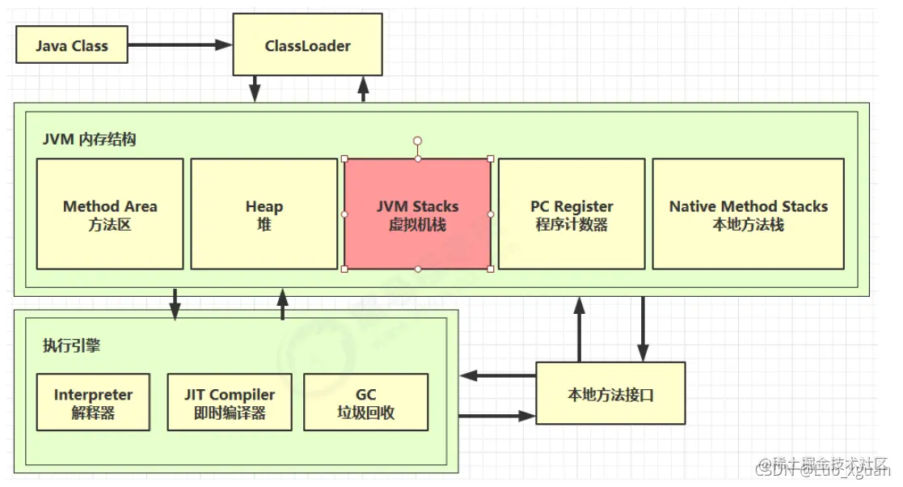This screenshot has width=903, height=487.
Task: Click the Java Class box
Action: (x=72, y=46)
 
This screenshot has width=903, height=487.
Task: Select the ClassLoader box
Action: (x=307, y=46)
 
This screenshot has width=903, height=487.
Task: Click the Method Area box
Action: (x=110, y=214)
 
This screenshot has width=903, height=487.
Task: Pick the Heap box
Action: (x=264, y=214)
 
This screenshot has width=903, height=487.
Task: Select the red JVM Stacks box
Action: (x=417, y=214)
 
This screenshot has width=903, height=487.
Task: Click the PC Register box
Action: (x=572, y=214)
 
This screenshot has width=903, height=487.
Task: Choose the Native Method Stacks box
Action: (x=748, y=214)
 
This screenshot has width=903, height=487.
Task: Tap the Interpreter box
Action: (x=94, y=402)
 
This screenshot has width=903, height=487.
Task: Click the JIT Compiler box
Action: (x=229, y=402)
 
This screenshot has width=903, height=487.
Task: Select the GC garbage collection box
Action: (x=365, y=402)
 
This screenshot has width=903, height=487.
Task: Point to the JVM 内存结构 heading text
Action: (x=89, y=139)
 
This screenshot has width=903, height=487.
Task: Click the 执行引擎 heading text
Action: (x=71, y=345)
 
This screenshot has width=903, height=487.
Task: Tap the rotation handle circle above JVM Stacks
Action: (x=417, y=141)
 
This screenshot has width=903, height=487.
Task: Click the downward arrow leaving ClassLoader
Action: (x=255, y=88)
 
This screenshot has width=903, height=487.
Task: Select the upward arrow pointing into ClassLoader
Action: (x=363, y=88)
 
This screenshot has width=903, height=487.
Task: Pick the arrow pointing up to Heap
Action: (x=282, y=304)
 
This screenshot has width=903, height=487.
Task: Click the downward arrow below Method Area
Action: (x=175, y=304)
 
